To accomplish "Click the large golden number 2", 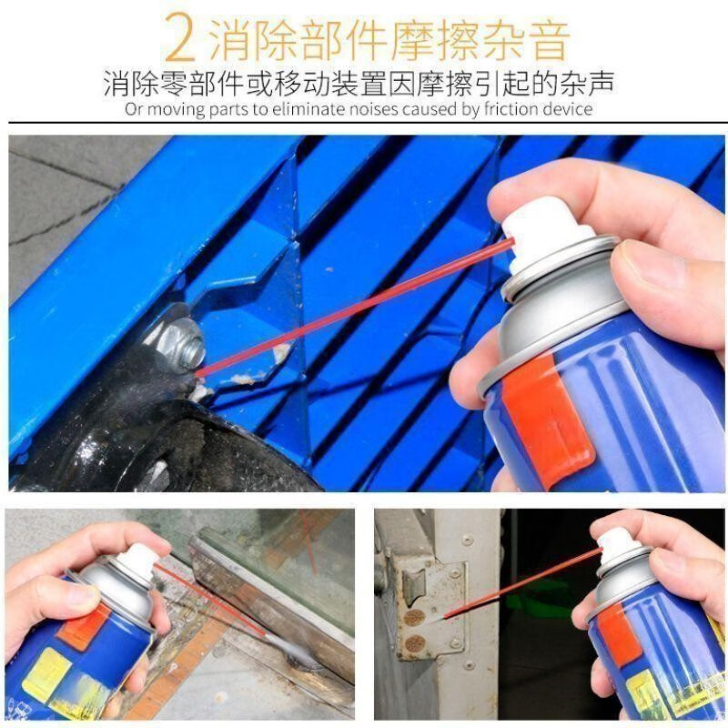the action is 180,37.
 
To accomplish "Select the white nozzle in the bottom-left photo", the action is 137,563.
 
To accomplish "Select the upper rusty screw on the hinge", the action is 414,618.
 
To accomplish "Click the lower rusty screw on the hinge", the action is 414,643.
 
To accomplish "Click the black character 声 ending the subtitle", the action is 600,84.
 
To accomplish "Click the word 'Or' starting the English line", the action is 132,109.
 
